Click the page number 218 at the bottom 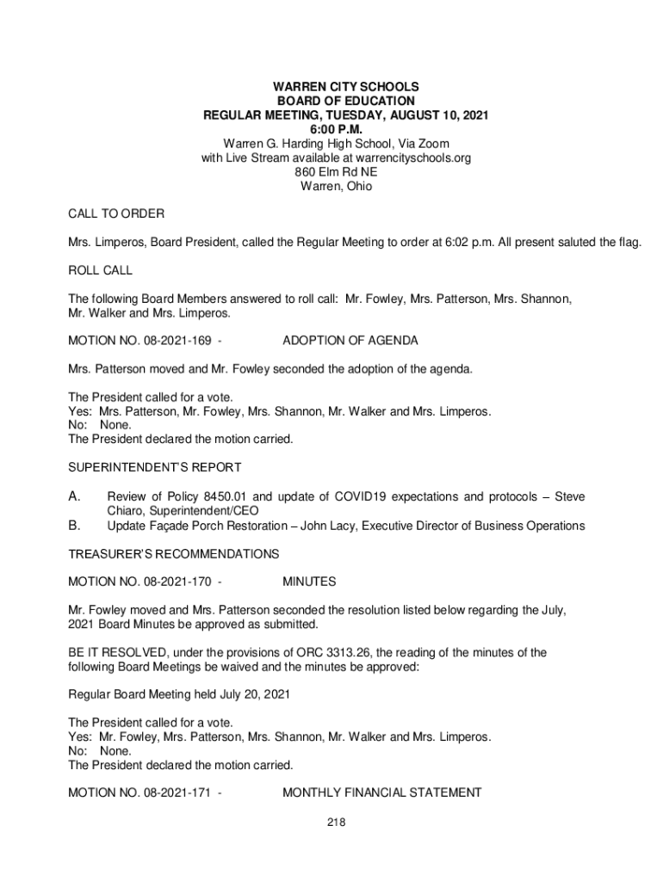click(336, 823)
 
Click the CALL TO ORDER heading click(116, 213)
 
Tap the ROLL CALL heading click(100, 270)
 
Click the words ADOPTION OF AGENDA click(350, 341)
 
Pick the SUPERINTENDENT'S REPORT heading click(154, 467)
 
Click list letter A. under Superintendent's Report click(75, 496)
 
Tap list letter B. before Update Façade click(75, 525)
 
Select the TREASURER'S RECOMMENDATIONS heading click(173, 553)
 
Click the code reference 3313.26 click(311, 652)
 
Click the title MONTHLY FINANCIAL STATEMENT click(382, 792)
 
